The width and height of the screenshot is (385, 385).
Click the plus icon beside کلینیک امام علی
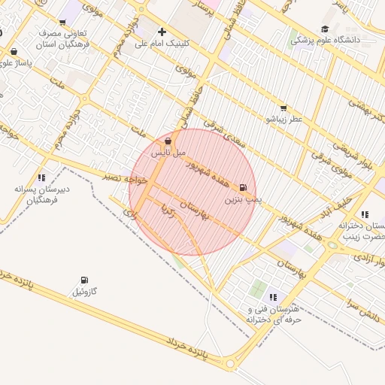click(162, 32)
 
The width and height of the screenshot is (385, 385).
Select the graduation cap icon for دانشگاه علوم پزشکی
click(325, 29)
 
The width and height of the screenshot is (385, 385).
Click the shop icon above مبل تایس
click(168, 141)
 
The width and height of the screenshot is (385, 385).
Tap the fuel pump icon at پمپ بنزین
click(243, 188)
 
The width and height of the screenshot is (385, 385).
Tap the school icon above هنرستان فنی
click(273, 297)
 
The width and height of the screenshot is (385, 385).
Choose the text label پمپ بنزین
click(243, 201)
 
